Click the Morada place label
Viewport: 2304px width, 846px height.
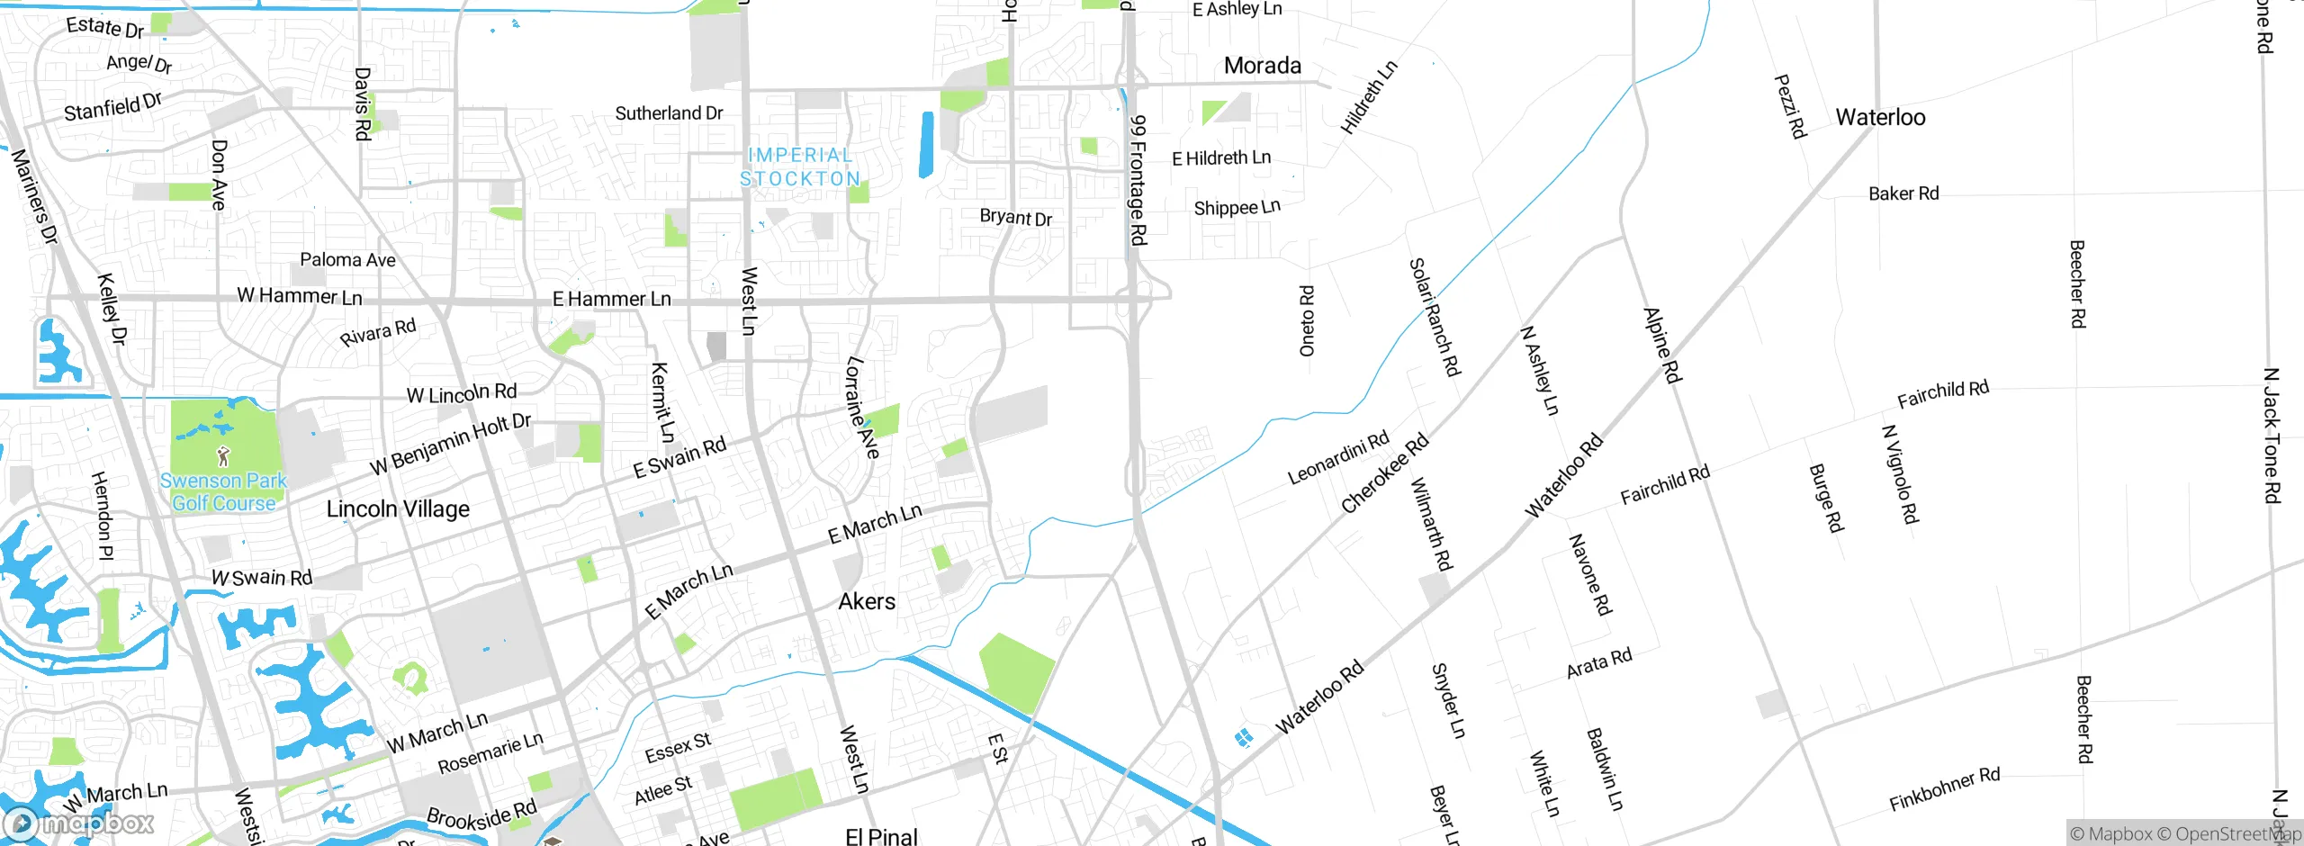click(x=1262, y=66)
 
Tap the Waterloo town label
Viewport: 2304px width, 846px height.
click(x=1880, y=117)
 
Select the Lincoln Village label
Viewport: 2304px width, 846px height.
click(x=398, y=509)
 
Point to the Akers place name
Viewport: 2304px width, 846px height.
click(x=867, y=601)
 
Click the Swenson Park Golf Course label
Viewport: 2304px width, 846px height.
click(x=224, y=492)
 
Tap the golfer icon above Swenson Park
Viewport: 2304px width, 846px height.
click(x=224, y=456)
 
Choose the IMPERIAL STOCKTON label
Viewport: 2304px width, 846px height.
click(x=800, y=167)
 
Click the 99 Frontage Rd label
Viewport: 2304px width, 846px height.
click(x=1138, y=180)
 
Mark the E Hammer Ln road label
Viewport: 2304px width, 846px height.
click(x=612, y=299)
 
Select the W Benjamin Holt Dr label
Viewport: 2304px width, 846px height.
click(x=451, y=444)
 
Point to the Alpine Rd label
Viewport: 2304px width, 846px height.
click(x=1662, y=346)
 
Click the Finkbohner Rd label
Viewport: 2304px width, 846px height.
click(x=1944, y=789)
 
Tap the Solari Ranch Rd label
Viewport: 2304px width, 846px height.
click(x=1435, y=317)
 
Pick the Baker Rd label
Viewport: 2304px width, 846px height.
click(x=1903, y=193)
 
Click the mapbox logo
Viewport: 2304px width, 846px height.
click(x=79, y=823)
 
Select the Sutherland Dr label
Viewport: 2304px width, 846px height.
click(x=669, y=113)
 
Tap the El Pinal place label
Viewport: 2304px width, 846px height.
click(x=881, y=836)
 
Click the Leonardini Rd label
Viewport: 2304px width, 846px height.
click(x=1338, y=458)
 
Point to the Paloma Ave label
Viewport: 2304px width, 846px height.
click(x=347, y=260)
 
